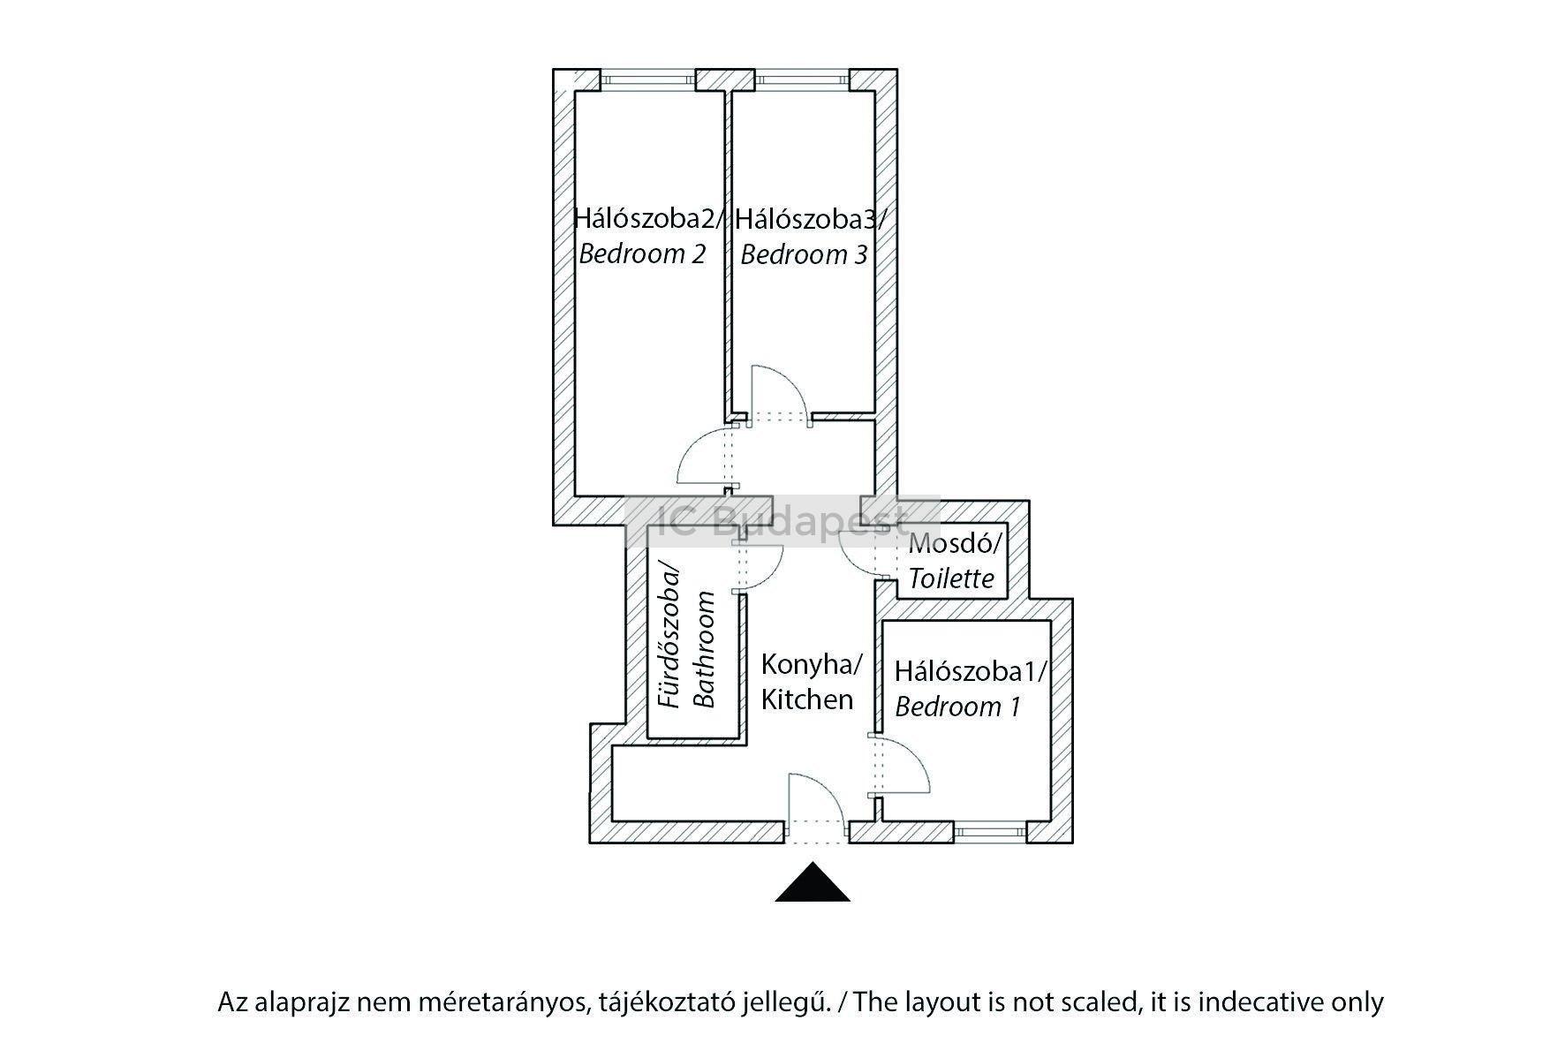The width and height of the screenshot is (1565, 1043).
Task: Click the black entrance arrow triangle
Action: pos(813,884)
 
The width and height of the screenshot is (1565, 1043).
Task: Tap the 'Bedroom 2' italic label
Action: pos(642,254)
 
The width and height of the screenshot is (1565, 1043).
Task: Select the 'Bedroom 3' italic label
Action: pos(804,255)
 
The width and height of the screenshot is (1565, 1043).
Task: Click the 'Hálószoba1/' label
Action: pos(970,671)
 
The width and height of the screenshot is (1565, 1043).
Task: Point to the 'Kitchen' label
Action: pos(807,699)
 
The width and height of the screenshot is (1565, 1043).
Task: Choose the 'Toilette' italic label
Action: pos(951,578)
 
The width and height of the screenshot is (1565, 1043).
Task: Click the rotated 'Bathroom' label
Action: pos(703,649)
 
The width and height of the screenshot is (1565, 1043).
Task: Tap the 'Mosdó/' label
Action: pos(956,542)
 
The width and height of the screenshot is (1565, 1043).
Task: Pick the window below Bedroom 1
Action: pos(989,831)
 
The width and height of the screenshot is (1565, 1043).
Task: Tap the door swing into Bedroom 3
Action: pos(779,396)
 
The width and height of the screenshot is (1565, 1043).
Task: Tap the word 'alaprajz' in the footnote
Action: pos(299,1002)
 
